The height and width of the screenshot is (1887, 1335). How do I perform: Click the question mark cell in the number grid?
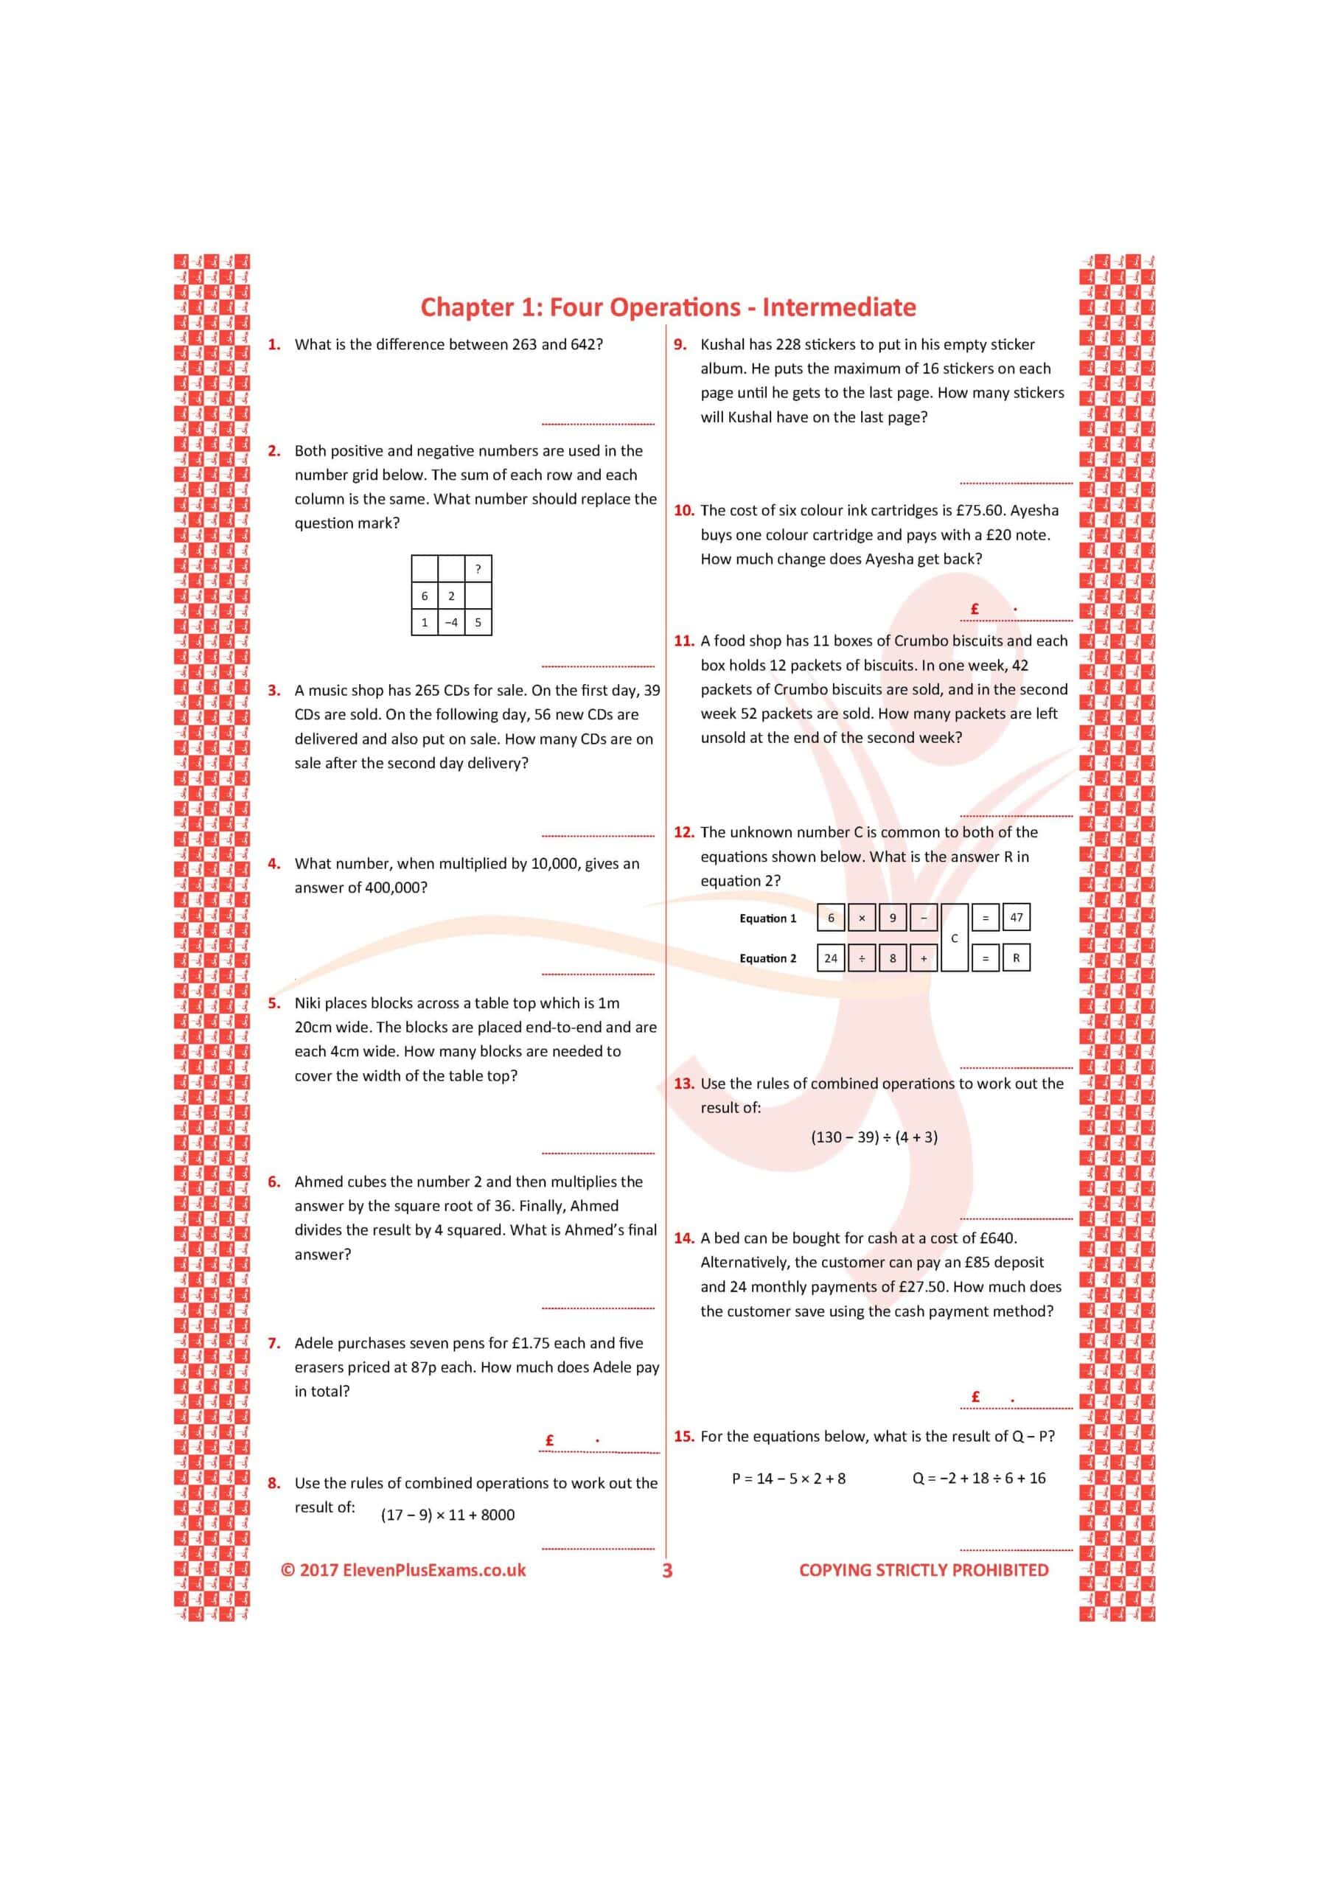[478, 569]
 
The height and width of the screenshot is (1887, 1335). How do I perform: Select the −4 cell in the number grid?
[451, 622]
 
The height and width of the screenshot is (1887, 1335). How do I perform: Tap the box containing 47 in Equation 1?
[1016, 917]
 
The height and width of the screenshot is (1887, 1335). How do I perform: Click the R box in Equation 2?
[1016, 958]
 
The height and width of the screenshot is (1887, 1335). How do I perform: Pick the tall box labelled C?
[954, 938]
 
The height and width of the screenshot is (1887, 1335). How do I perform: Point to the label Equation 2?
[768, 958]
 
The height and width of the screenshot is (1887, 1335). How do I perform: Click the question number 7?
[273, 1343]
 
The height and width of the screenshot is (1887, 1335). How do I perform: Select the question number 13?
[683, 1084]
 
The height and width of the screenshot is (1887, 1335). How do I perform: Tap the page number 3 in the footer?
[666, 1571]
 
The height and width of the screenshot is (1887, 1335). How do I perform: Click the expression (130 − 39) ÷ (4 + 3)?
[874, 1137]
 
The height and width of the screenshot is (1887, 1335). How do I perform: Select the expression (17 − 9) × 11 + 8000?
[447, 1515]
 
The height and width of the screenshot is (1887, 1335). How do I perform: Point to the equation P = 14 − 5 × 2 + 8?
[788, 1478]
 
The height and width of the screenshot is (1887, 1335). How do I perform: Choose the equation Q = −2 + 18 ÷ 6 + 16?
[978, 1478]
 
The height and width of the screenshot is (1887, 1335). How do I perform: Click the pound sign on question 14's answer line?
[976, 1396]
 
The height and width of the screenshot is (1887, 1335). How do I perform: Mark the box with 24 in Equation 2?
[831, 958]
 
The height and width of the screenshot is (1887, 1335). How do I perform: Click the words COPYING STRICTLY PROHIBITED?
[923, 1570]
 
